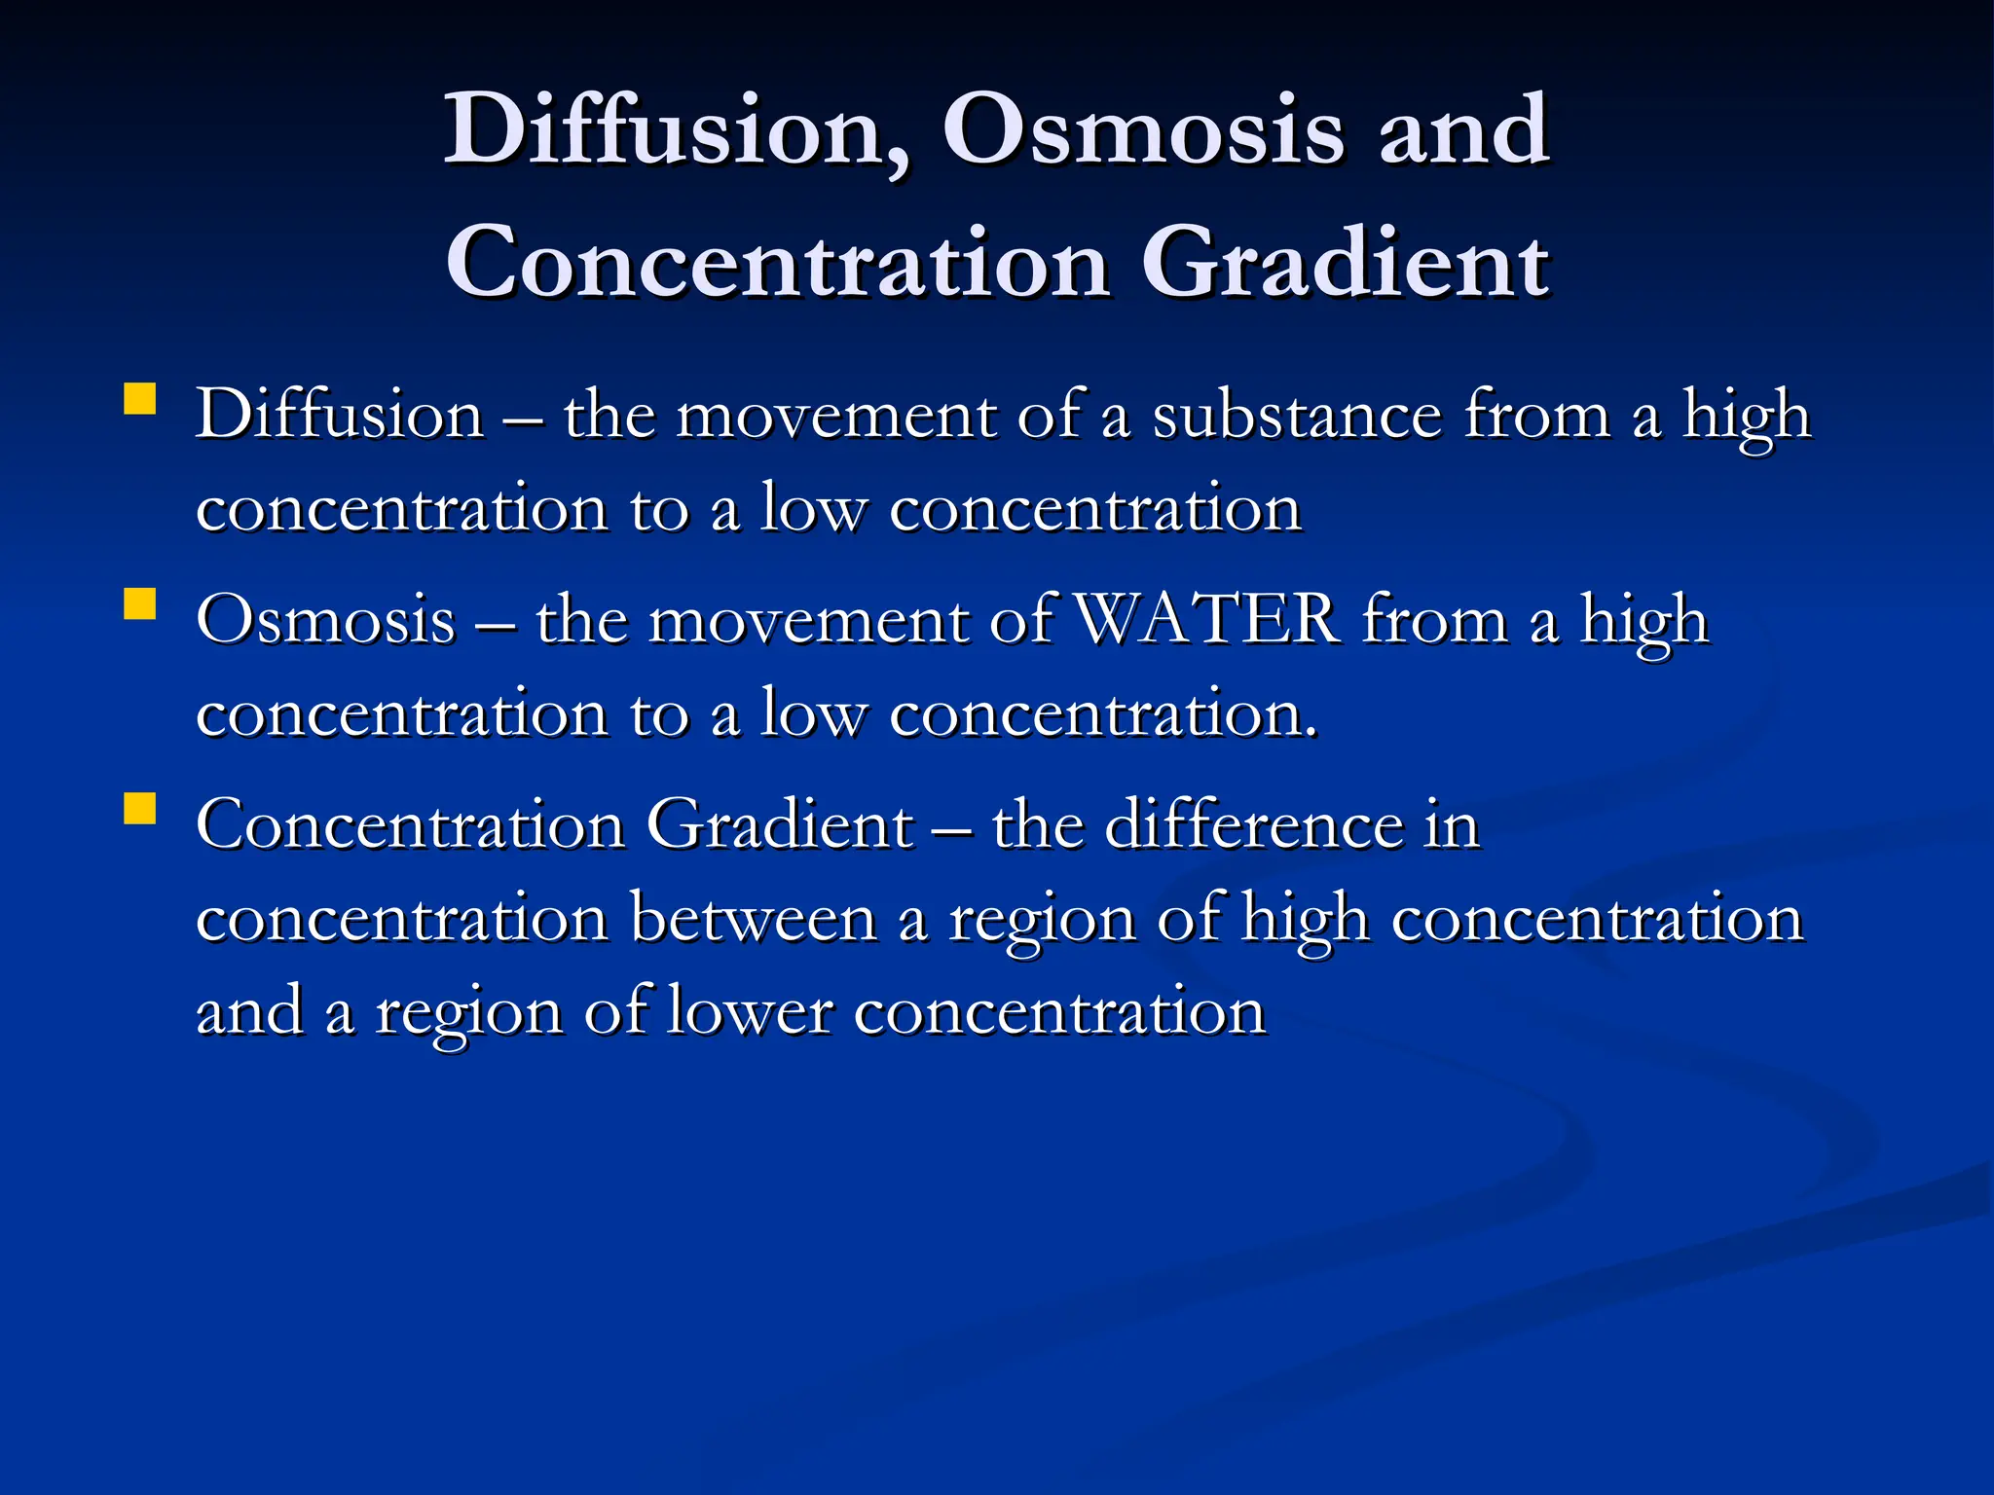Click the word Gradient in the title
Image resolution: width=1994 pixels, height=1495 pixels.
coord(1345,262)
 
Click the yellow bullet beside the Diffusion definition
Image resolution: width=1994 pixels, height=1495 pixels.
coord(140,400)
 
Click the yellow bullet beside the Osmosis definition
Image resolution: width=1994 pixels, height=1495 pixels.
coord(140,604)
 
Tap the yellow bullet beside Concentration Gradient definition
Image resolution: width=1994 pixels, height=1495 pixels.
coord(140,809)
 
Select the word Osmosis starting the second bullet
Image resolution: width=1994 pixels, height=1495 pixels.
coord(325,620)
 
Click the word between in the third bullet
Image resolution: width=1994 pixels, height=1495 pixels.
coord(754,918)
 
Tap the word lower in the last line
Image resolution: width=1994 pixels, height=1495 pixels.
coord(750,1011)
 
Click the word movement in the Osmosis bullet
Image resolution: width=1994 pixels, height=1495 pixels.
coord(808,620)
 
